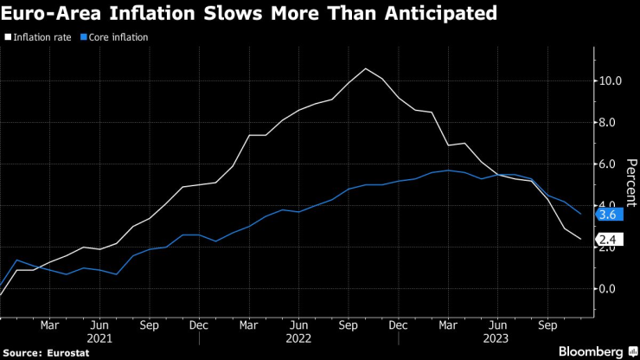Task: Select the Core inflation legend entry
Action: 118,38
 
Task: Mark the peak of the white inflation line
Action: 365,68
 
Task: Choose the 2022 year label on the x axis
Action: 298,338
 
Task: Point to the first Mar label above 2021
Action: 50,326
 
